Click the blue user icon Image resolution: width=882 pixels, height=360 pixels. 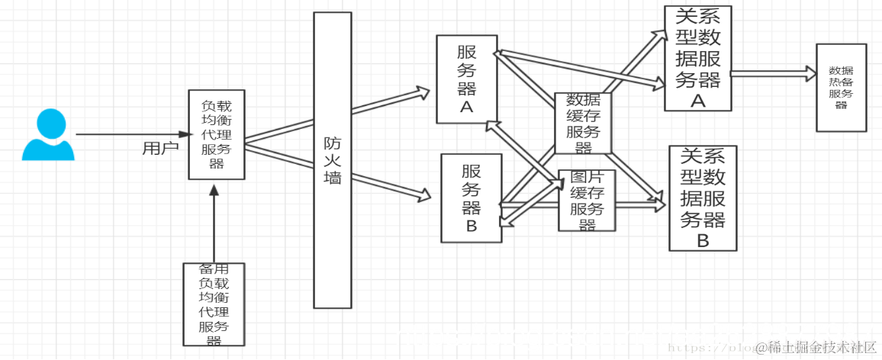pos(48,135)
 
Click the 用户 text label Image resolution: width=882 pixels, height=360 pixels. pos(160,148)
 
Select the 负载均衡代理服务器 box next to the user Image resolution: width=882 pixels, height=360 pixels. pos(217,134)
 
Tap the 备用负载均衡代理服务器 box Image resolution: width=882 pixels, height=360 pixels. pos(214,304)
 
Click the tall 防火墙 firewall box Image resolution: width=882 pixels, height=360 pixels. pos(333,160)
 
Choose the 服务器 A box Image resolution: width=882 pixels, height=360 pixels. pos(466,79)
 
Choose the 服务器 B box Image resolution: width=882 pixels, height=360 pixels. pos(472,198)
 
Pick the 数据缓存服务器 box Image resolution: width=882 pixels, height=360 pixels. pos(584,124)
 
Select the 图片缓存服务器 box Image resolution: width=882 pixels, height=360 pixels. pos(587,201)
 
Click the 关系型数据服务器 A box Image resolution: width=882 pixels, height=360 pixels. pos(697,59)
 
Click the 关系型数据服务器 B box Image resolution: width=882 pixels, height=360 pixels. pos(703,198)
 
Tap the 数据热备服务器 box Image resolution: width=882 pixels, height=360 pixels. pos(841,88)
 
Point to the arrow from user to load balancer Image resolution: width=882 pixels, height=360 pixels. pos(130,134)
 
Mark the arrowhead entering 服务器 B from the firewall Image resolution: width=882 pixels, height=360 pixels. pos(424,195)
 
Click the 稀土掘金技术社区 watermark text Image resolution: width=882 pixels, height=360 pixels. pos(816,347)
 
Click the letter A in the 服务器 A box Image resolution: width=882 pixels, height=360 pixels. pos(466,108)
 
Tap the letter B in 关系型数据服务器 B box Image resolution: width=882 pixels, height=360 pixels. pos(703,240)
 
